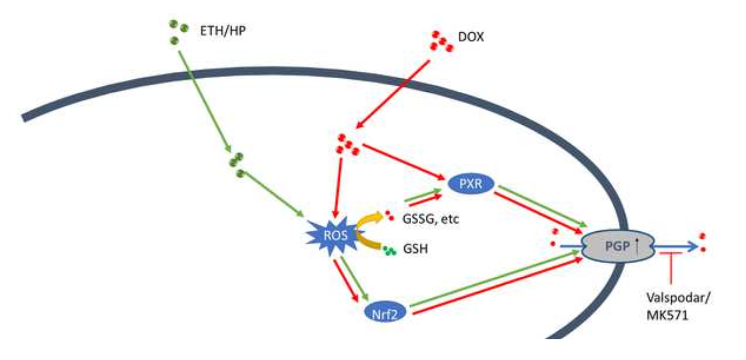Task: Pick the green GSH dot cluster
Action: (x=389, y=250)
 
